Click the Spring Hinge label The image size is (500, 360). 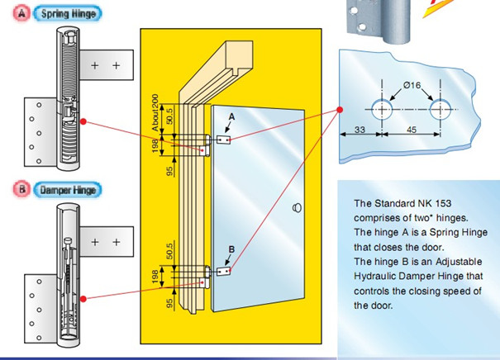67,14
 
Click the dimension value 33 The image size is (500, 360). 360,129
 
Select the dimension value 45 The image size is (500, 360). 411,129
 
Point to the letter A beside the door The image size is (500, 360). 231,118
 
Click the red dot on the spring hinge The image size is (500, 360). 83,121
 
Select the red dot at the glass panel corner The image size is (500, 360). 339,112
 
